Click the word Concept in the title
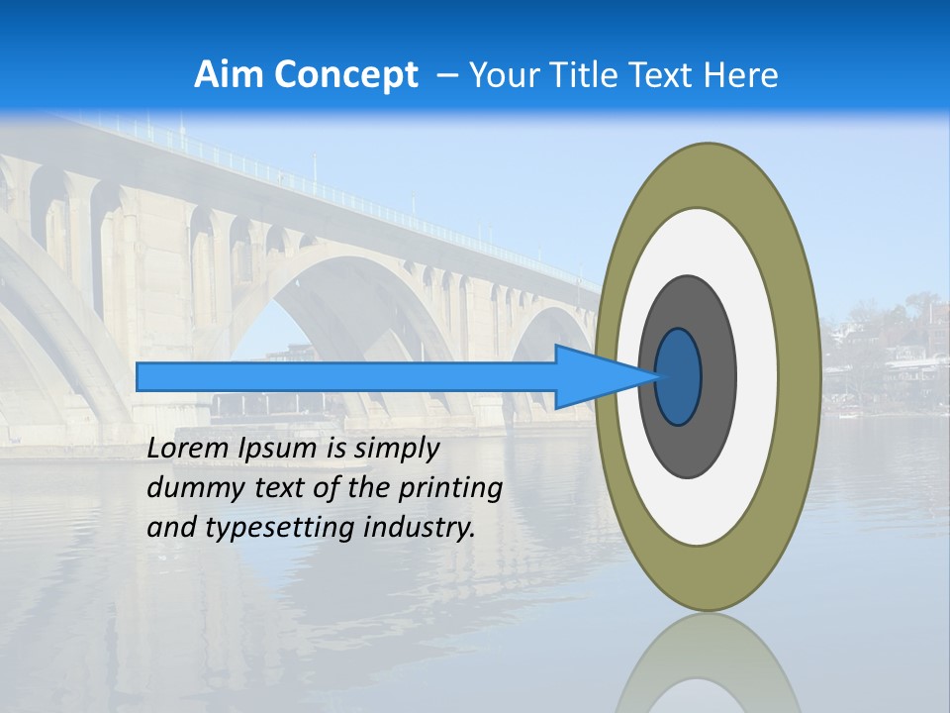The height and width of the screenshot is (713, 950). click(x=345, y=75)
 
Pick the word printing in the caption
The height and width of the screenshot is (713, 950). click(x=449, y=488)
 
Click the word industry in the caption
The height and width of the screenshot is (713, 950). click(x=420, y=528)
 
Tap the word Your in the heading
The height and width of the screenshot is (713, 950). click(x=500, y=75)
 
